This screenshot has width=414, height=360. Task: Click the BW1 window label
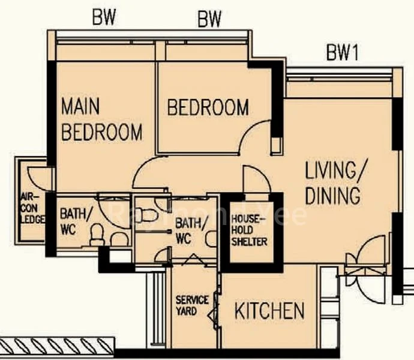pos(343,52)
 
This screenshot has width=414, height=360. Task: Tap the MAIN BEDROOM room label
pos(101,119)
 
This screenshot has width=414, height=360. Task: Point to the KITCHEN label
pos(269,311)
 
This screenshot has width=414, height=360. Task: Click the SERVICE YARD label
pos(192,305)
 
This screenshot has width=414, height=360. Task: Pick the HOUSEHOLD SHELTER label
pos(249,230)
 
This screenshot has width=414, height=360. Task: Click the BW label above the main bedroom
pos(104,17)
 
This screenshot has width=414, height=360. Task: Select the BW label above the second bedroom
pos(209,19)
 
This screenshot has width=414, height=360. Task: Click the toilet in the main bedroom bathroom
pos(97,235)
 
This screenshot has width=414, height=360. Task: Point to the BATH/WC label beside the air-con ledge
pos(76,221)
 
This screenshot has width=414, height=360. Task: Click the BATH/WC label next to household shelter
pos(191,230)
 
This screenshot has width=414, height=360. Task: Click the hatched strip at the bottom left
pos(57,346)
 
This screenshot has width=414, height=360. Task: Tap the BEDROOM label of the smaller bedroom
pos(208,107)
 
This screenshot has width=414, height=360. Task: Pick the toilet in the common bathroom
pos(147,215)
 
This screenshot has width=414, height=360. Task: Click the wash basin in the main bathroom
pos(119,239)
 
